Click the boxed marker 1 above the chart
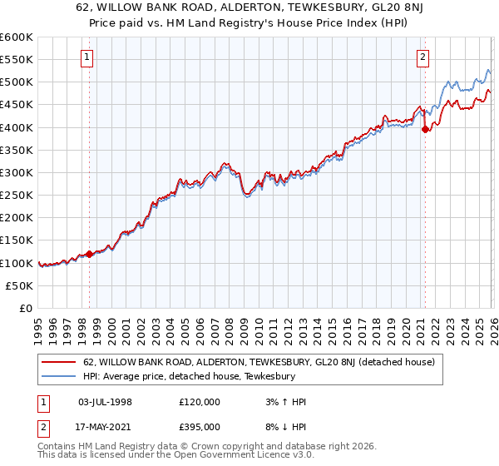pyautogui.click(x=88, y=57)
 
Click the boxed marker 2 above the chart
pyautogui.click(x=423, y=57)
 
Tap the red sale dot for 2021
pyautogui.click(x=425, y=129)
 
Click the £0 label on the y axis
pyautogui.click(x=25, y=308)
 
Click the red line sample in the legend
pyautogui.click(x=60, y=363)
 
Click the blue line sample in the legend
pyautogui.click(x=60, y=377)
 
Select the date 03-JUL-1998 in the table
pyautogui.click(x=105, y=402)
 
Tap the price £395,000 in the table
pyautogui.click(x=200, y=426)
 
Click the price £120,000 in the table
pyautogui.click(x=200, y=402)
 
